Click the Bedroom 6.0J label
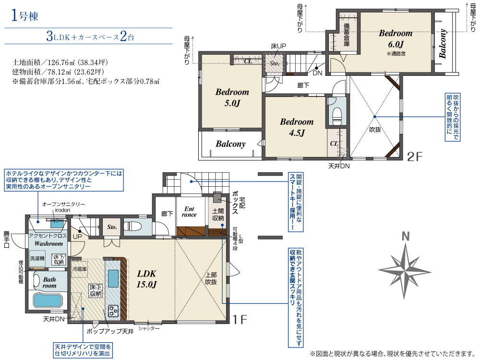point(396,39)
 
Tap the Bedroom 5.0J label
point(232,97)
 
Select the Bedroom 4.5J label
point(297,127)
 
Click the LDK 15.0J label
point(146,279)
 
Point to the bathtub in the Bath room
point(48,300)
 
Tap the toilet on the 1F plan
point(132,227)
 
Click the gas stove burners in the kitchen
point(113,311)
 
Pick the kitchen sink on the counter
point(113,278)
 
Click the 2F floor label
point(415,157)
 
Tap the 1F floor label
point(240,320)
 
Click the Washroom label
point(48,244)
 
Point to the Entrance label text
point(189,212)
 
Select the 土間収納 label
point(218,215)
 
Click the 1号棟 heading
point(24,15)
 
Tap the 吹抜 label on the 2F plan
point(375,130)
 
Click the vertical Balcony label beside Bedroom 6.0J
point(443,44)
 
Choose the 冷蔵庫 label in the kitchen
point(80,269)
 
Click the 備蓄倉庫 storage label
point(346,34)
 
